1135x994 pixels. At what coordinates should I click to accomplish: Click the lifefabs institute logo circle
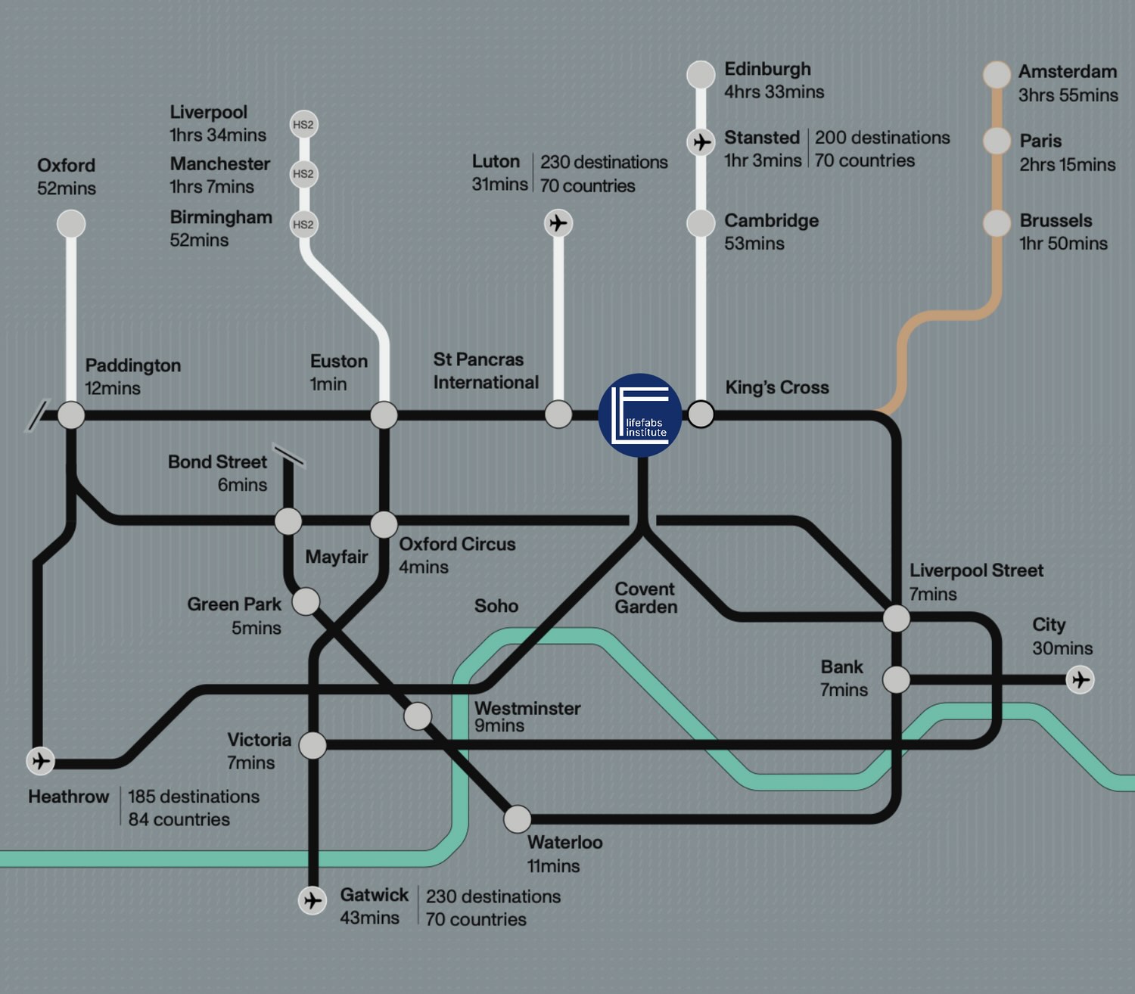click(x=640, y=415)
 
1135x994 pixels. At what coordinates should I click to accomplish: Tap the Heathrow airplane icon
click(x=41, y=760)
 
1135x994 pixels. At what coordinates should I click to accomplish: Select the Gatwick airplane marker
click(x=312, y=900)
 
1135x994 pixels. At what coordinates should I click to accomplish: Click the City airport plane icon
click(x=1080, y=679)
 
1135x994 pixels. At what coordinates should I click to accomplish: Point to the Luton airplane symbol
click(x=558, y=223)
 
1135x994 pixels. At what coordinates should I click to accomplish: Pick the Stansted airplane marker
click(x=701, y=141)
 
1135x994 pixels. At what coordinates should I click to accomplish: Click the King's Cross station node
click(x=701, y=414)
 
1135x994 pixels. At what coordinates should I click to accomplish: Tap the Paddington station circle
click(x=71, y=415)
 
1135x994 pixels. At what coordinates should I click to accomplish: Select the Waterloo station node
click(x=518, y=818)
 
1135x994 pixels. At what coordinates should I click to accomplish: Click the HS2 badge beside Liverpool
click(x=303, y=125)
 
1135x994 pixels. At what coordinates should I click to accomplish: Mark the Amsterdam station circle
click(x=997, y=74)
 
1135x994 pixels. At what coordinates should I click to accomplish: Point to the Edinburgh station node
click(x=701, y=74)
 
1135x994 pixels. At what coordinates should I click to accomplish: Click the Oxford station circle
click(x=71, y=224)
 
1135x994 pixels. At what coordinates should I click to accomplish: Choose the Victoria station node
click(x=313, y=745)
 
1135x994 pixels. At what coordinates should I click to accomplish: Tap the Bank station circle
click(x=896, y=679)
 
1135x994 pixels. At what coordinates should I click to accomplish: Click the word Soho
click(x=496, y=606)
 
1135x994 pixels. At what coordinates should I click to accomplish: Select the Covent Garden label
click(x=645, y=598)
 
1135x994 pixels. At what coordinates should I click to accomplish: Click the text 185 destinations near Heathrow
click(x=194, y=797)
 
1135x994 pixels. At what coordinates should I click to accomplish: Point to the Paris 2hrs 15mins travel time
click(x=1067, y=165)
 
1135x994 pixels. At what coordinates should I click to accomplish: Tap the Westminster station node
click(x=418, y=716)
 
